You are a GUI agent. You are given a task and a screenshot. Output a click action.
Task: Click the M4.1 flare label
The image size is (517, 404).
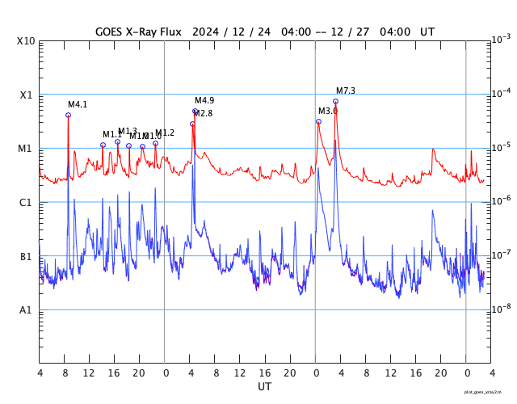78,105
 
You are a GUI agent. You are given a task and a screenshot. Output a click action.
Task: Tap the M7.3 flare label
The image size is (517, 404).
346,90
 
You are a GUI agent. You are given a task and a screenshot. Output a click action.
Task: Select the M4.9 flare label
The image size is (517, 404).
204,100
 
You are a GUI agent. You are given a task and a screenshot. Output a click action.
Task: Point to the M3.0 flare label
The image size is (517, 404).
328,111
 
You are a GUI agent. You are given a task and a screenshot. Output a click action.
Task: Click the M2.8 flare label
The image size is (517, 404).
203,114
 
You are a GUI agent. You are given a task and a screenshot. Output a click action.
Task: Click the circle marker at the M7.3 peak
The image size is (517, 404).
335,101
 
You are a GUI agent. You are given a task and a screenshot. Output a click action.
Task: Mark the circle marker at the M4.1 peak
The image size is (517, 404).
68,115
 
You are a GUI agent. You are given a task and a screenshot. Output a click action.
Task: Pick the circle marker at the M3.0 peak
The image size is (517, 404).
318,121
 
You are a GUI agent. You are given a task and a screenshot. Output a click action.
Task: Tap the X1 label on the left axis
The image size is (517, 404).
27,95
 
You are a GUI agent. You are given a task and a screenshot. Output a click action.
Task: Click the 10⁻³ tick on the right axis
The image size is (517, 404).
501,39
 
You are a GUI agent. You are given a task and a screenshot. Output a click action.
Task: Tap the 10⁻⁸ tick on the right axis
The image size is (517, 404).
501,308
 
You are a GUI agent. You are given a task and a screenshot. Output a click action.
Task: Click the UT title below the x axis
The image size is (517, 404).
265,387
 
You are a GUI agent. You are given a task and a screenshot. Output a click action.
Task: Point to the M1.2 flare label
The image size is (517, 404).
165,133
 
